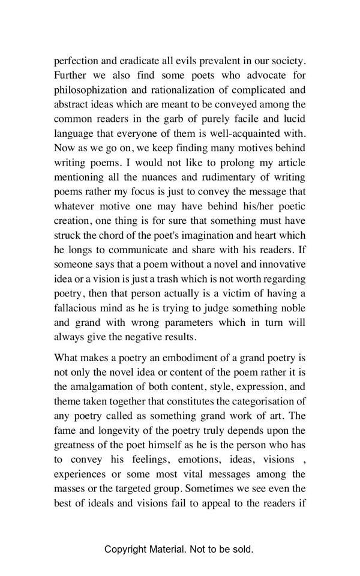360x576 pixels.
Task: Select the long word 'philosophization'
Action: [x=89, y=90]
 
